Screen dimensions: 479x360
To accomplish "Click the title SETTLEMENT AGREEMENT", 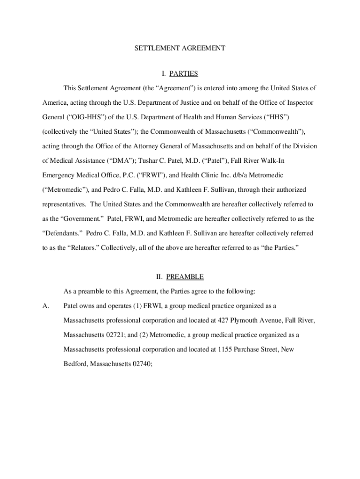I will tap(180, 48).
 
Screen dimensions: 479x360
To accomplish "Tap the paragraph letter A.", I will tap(46, 306).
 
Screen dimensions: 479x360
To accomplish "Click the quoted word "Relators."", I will tap(69, 247).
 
